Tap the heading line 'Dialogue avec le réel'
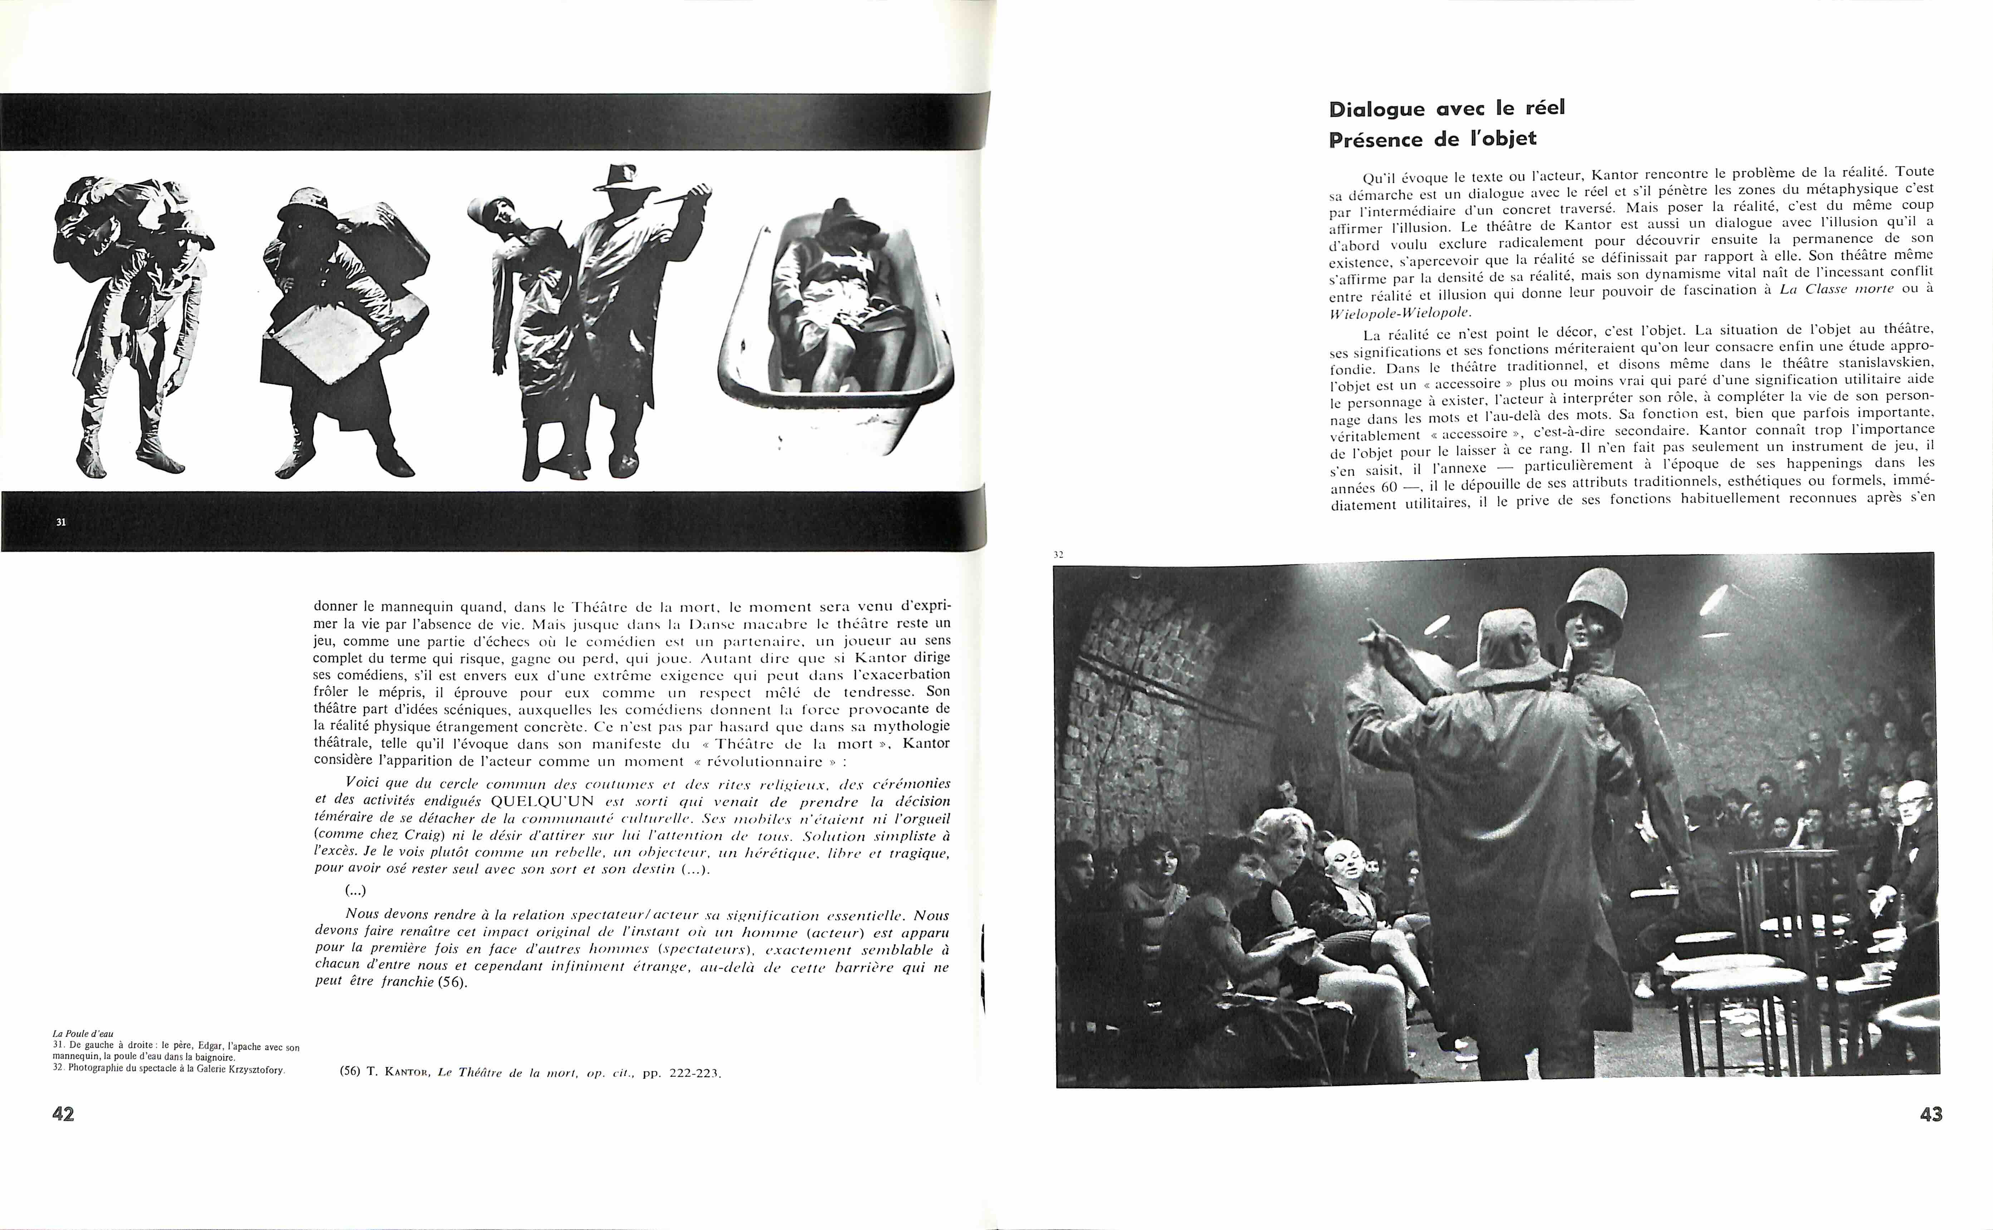click(1446, 109)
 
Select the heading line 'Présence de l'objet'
click(1432, 139)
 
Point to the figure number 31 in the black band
click(61, 522)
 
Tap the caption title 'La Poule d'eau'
click(83, 1034)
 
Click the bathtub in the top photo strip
click(838, 342)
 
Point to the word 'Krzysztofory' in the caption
click(255, 1070)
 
